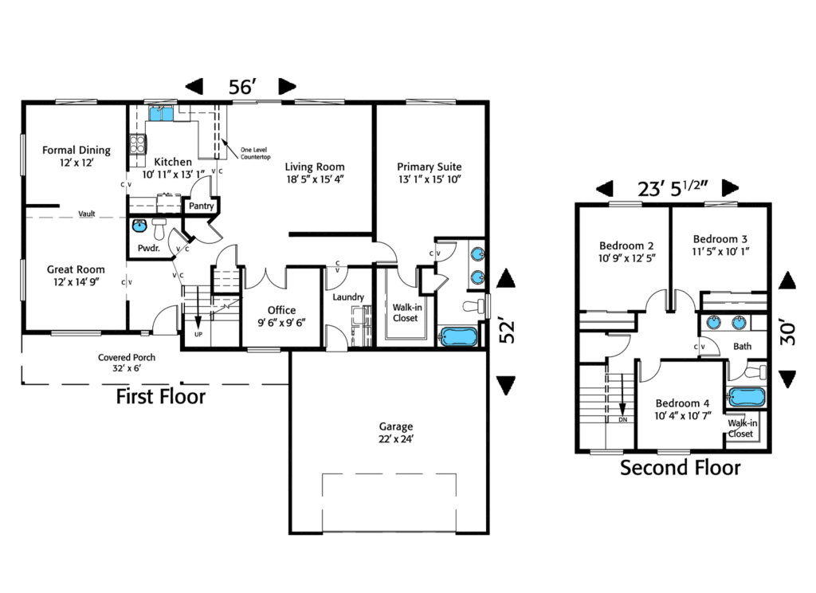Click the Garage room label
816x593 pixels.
coord(396,426)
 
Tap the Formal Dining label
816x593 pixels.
coord(76,150)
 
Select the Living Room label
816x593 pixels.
coord(316,167)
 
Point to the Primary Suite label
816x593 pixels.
coord(430,167)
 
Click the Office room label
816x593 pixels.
coord(282,310)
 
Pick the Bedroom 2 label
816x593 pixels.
coord(626,246)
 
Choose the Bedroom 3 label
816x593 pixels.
coord(720,239)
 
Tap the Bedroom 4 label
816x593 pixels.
coord(682,403)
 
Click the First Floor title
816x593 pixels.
coord(161,396)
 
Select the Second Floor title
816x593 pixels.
coord(681,468)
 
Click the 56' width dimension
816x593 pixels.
coord(241,87)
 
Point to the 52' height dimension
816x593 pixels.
coord(505,332)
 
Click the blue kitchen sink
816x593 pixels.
coord(161,114)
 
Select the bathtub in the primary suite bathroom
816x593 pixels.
coord(459,337)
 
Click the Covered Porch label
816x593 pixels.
coord(126,358)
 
